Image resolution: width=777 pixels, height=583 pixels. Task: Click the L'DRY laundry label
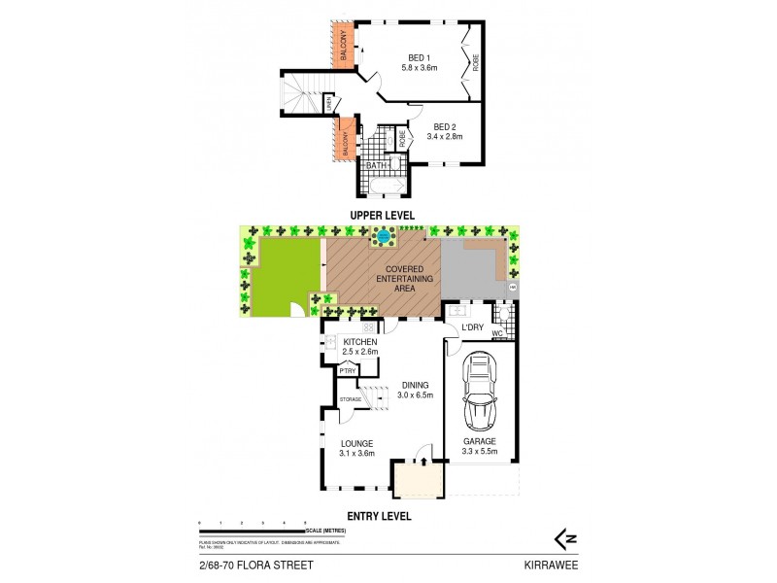pyautogui.click(x=472, y=327)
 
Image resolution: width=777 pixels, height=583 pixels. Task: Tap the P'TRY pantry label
pyautogui.click(x=346, y=370)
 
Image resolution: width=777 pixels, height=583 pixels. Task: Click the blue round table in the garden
pyautogui.click(x=385, y=236)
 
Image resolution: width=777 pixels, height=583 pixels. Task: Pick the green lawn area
pyautogui.click(x=285, y=278)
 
